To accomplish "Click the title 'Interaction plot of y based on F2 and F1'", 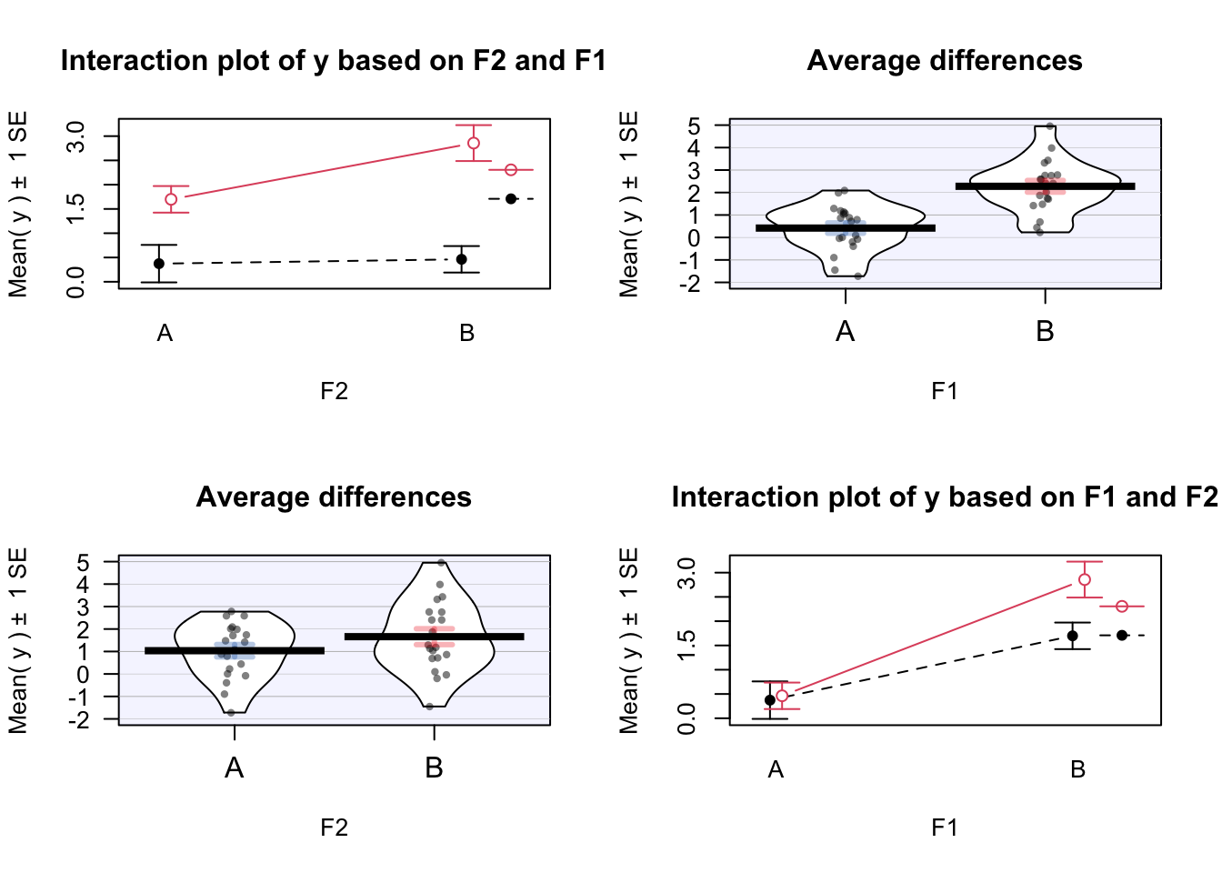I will pos(333,61).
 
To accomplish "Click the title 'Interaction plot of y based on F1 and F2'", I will pos(944,497).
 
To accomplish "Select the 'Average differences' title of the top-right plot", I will pos(944,61).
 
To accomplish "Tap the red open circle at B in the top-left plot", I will pos(474,143).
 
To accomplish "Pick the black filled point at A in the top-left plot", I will pos(159,264).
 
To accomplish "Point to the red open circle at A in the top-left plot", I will pos(171,199).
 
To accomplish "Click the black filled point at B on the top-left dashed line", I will pos(462,259).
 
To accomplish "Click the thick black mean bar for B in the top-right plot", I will pos(1045,186).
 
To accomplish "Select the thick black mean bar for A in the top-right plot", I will pos(846,228).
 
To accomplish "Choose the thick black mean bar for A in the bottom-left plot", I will pos(235,650).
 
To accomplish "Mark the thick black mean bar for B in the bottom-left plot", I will pos(434,637).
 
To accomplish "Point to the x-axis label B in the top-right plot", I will pos(1045,332).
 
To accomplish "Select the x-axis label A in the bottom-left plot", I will pos(235,768).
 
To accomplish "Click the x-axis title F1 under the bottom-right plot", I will pos(944,828).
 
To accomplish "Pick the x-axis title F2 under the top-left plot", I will pos(334,391).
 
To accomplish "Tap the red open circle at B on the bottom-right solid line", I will pos(1085,579).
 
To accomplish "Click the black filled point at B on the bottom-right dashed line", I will pos(1073,636).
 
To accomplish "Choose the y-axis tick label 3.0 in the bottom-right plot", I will pos(687,573).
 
